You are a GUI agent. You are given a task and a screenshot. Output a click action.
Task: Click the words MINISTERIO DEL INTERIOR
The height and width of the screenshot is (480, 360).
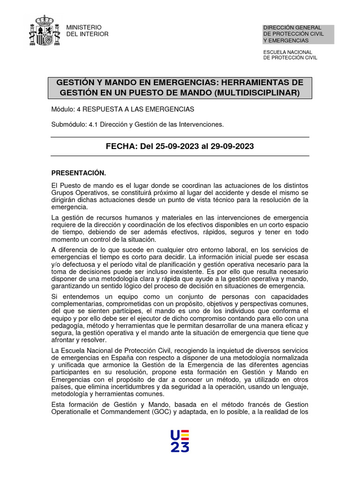click(x=88, y=30)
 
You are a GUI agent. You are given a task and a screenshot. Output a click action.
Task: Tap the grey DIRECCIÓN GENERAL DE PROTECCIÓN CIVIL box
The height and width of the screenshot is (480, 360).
click(x=298, y=34)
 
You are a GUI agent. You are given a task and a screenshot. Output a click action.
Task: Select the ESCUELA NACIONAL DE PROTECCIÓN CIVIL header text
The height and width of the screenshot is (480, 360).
click(x=290, y=55)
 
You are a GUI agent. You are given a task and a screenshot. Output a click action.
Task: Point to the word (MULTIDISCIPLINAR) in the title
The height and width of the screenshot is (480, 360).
click(x=256, y=93)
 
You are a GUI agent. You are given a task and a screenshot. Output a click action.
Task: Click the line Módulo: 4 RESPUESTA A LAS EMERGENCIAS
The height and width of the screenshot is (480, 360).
click(x=122, y=109)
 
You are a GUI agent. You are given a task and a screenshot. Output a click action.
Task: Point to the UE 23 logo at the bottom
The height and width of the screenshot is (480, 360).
click(x=180, y=441)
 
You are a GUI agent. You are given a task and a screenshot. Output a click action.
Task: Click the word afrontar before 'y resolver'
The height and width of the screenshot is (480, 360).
click(x=65, y=340)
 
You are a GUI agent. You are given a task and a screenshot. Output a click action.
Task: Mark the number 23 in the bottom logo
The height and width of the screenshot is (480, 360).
click(x=180, y=447)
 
